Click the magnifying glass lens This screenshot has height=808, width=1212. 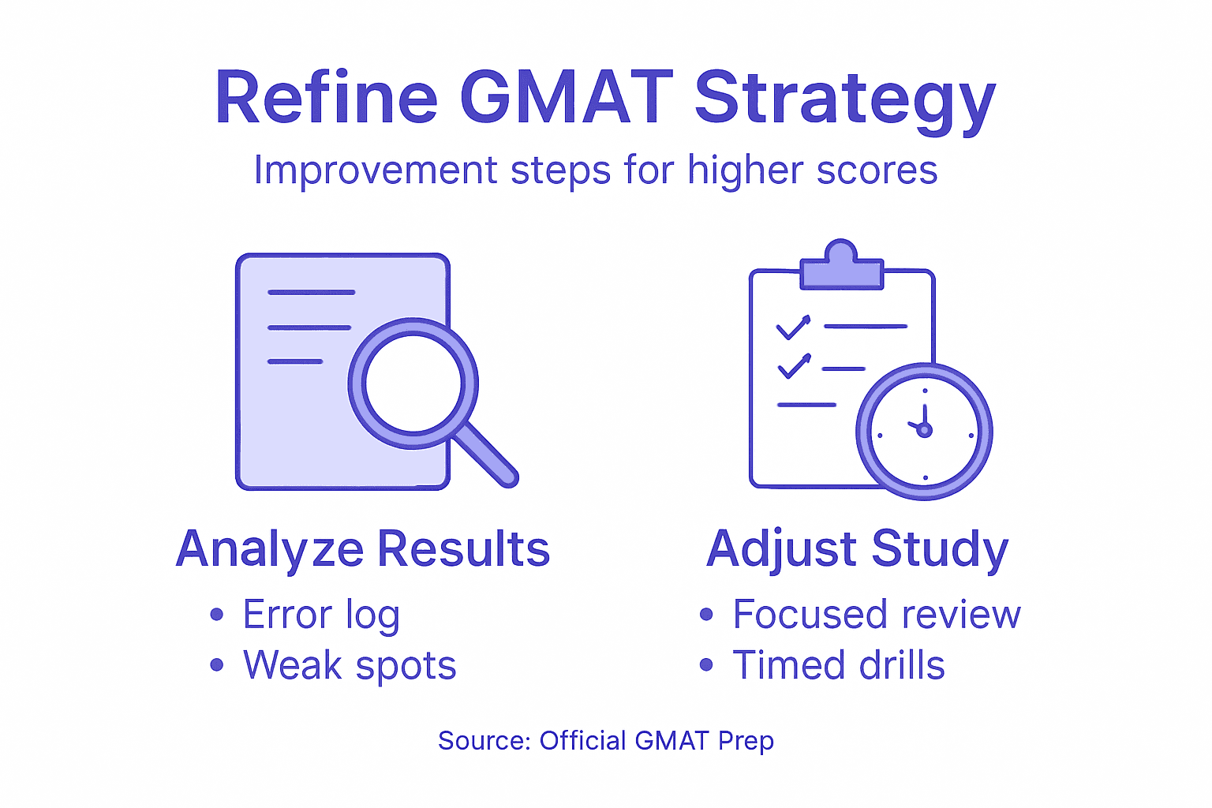pos(413,383)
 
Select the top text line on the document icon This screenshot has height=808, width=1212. pos(311,292)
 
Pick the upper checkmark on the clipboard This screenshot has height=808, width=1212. pos(793,327)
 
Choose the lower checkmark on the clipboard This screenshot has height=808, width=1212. pos(794,366)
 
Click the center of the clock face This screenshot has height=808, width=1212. pos(924,431)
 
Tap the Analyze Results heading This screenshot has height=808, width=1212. pos(362,548)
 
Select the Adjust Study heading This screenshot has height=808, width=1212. pos(857,548)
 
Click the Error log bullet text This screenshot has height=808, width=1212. pos(321,615)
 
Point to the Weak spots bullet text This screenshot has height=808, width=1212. pos(350,665)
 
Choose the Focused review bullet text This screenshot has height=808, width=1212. pos(876,615)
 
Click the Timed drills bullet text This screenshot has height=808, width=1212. pos(838,665)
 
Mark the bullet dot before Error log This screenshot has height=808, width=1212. pos(217,615)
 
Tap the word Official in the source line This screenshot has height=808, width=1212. pos(582,741)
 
